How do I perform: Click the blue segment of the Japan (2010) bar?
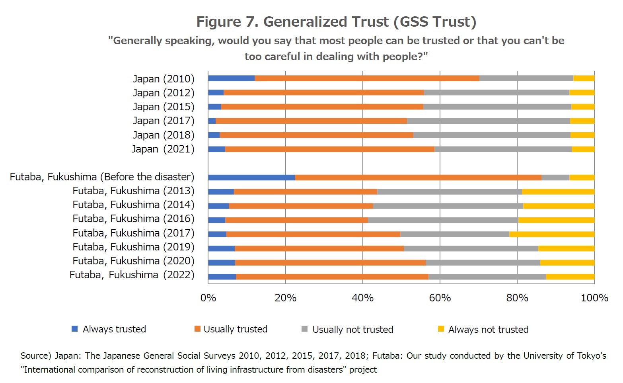[x=231, y=78]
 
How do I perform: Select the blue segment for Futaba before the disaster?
[x=251, y=178]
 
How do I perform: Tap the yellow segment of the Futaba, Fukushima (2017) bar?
[x=551, y=234]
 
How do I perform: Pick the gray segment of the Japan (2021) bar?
[x=503, y=149]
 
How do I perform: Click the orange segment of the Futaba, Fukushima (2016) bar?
[x=296, y=220]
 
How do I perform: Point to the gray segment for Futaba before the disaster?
[x=555, y=178]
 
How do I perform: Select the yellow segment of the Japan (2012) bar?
[x=581, y=93]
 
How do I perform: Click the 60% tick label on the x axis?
[x=440, y=298]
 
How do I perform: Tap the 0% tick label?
[x=208, y=298]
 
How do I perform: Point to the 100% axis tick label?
[x=594, y=298]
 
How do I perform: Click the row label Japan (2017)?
[x=164, y=121]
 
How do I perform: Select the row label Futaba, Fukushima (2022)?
[x=132, y=275]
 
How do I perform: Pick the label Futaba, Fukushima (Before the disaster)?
[x=102, y=177]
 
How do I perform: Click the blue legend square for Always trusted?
[x=74, y=329]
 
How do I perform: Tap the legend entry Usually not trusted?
[x=352, y=330]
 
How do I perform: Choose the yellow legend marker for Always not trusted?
[x=440, y=329]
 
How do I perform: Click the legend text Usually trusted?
[x=235, y=329]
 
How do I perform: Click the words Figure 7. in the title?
[x=227, y=22]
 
